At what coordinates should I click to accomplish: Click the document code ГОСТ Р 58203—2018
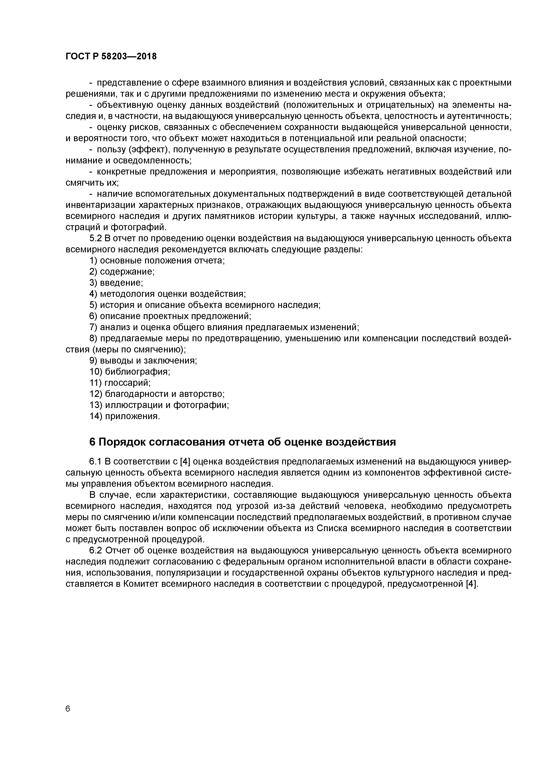[x=111, y=56]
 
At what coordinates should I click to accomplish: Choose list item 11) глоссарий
[x=120, y=383]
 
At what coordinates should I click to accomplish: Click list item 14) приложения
[x=125, y=416]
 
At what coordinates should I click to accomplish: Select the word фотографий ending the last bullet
[x=140, y=227]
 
